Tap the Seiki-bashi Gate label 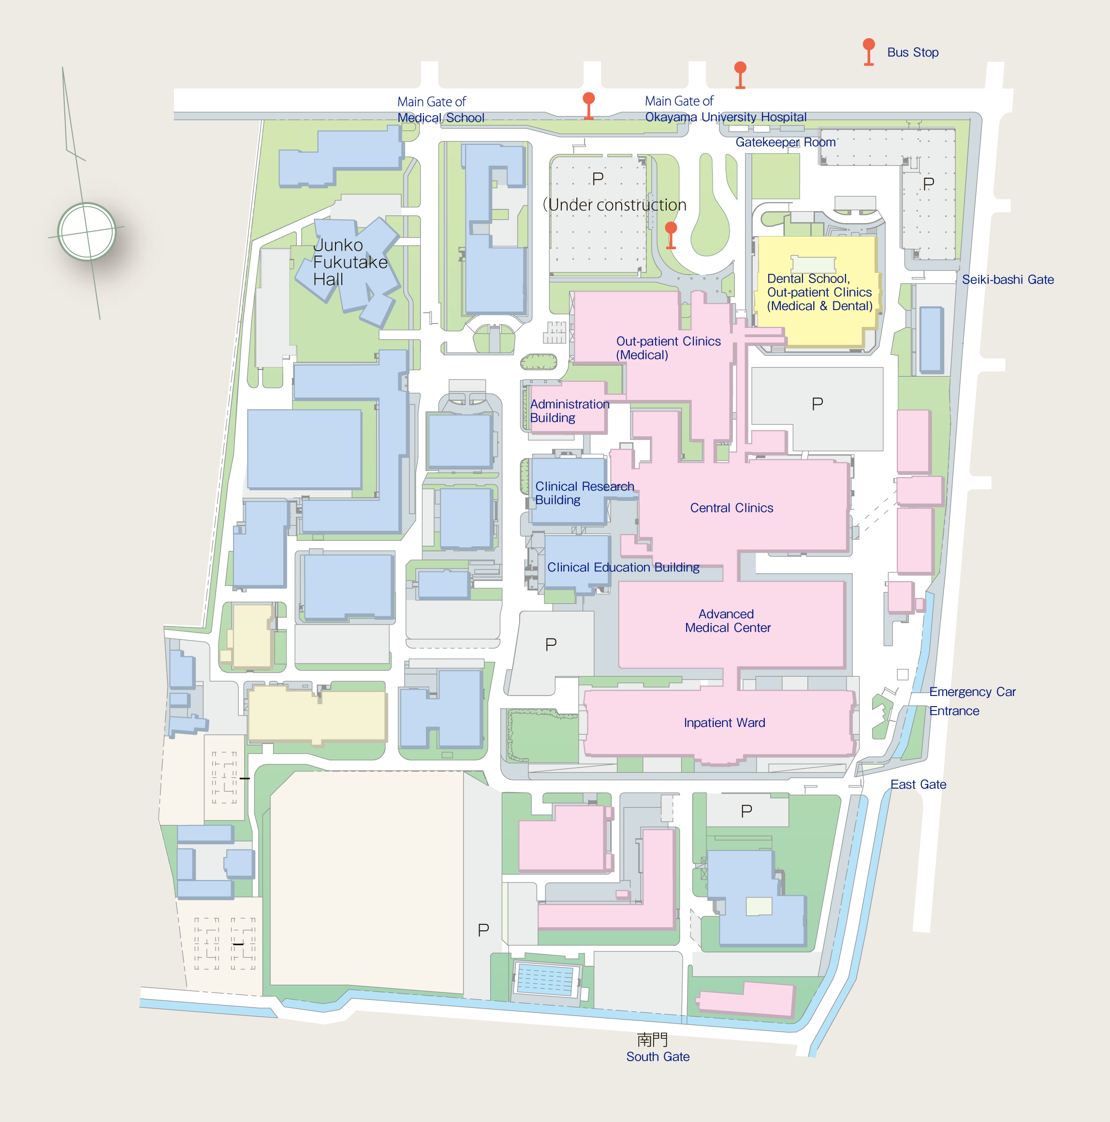[x=1007, y=280]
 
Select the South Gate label [x=657, y=1056]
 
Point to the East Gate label [x=918, y=784]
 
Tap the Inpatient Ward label [x=724, y=723]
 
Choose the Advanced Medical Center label [x=727, y=621]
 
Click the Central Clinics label [x=731, y=508]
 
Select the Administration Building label [x=569, y=411]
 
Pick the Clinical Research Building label [x=584, y=493]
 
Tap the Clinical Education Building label [x=623, y=568]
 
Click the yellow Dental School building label [x=819, y=292]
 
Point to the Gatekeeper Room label [x=785, y=142]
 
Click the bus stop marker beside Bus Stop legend [x=868, y=51]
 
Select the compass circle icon [x=87, y=232]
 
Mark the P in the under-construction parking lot [x=598, y=179]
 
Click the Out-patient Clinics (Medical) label [x=668, y=348]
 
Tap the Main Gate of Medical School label [x=440, y=110]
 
